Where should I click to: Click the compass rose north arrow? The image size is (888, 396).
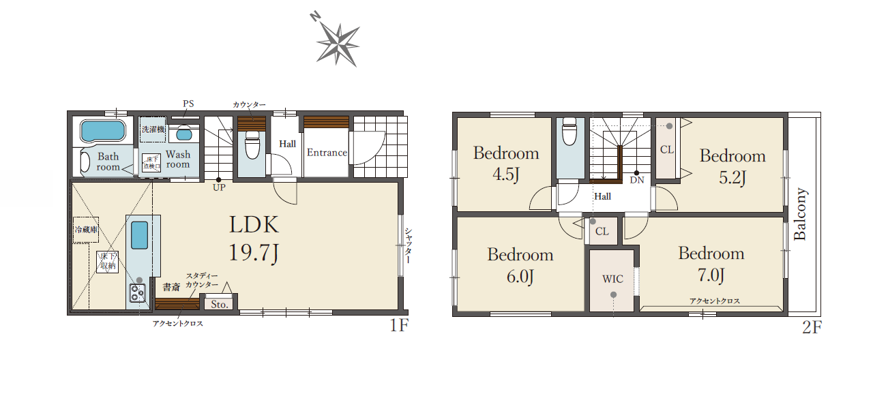coord(338,44)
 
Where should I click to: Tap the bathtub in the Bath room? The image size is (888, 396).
coord(103,131)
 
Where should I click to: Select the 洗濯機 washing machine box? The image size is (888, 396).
coord(153,130)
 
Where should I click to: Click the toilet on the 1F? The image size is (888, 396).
coord(252,145)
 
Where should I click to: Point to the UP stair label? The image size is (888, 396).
coord(219,187)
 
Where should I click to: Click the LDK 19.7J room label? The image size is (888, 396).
coord(254,239)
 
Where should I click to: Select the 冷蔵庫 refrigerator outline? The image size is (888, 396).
coord(86,230)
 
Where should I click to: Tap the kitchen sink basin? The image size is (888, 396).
coord(139,235)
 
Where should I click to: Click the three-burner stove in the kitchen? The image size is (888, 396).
coord(137,293)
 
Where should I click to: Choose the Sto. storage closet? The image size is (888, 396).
coord(219,304)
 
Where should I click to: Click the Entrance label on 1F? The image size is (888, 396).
coord(327,153)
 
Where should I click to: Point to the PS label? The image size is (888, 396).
coord(188,104)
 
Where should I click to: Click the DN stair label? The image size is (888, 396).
coord(637,180)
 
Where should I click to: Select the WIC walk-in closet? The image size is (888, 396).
coord(612,280)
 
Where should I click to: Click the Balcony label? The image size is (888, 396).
coord(800,214)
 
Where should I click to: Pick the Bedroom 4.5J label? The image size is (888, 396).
coord(506,164)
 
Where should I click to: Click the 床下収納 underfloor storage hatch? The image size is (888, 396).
coord(108,262)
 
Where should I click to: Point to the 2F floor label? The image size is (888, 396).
coord(812,327)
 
